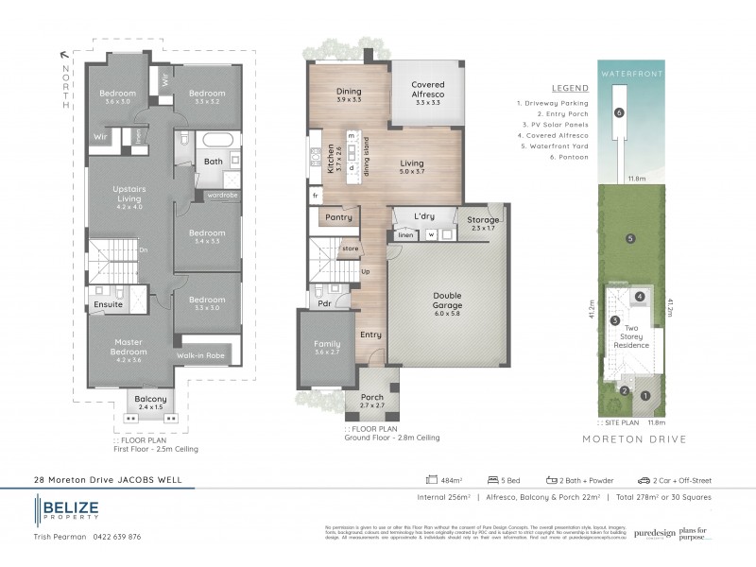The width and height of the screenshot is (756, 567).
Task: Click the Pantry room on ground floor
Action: point(338,217)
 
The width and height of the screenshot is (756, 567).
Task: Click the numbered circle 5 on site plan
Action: point(629,238)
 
